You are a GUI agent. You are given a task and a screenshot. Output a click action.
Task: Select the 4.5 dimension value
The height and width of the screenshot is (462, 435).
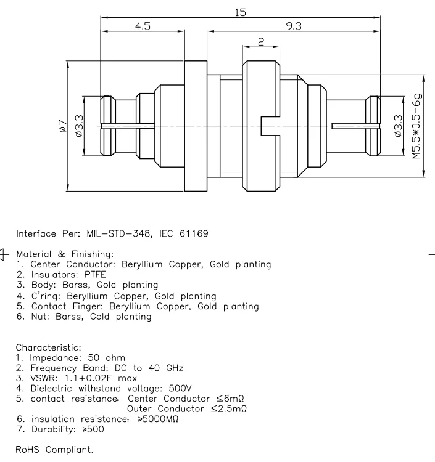(x=142, y=26)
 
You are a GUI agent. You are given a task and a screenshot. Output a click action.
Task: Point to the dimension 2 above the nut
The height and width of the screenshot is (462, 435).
(x=262, y=41)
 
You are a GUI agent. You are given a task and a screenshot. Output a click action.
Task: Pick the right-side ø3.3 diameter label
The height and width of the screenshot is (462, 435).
(x=398, y=126)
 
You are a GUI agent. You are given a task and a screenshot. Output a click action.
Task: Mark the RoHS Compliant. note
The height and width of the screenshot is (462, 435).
(x=55, y=450)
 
